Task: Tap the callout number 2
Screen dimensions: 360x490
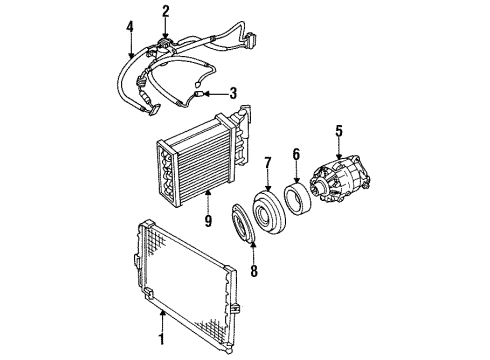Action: [166, 12]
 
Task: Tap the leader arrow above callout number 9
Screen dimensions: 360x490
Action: [208, 196]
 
